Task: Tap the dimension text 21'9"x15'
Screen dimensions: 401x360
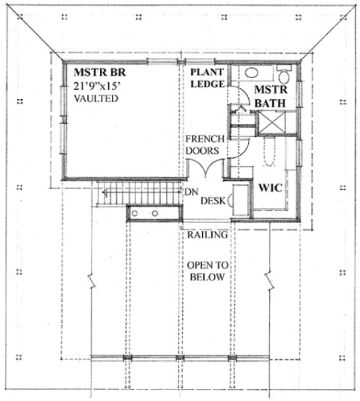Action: [x=98, y=86]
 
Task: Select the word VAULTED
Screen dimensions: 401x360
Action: [x=97, y=98]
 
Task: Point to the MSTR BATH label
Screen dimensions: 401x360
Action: [x=270, y=97]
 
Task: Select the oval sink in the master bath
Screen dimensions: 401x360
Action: [x=252, y=73]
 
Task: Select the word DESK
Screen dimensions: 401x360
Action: [x=212, y=201]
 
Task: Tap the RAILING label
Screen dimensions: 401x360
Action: [x=206, y=235]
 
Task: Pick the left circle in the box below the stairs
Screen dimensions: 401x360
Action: [x=138, y=214]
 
